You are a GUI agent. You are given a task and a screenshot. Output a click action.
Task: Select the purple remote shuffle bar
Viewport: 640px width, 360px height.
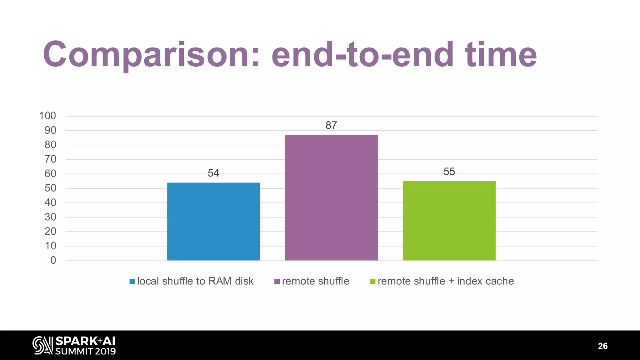click(331, 197)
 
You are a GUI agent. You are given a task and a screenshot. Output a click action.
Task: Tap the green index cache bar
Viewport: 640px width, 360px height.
click(449, 221)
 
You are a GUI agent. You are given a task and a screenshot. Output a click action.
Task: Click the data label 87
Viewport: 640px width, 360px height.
click(331, 125)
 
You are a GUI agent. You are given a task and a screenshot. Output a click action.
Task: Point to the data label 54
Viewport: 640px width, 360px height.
click(213, 173)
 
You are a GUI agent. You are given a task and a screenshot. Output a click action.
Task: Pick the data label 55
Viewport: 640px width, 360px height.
click(449, 172)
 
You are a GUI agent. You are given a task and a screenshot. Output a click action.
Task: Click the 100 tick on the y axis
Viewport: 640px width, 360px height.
click(47, 116)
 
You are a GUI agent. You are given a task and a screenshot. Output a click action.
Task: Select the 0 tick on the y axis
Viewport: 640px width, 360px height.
click(53, 260)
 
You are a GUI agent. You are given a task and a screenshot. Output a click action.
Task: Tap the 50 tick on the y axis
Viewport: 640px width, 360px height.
click(50, 188)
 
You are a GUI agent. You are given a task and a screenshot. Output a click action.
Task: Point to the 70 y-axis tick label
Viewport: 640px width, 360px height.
click(50, 159)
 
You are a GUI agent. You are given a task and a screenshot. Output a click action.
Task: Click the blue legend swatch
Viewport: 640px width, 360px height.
click(132, 282)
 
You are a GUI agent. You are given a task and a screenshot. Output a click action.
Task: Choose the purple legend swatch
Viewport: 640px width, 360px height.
click(277, 282)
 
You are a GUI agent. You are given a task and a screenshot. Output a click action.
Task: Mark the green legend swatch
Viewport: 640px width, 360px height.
click(372, 282)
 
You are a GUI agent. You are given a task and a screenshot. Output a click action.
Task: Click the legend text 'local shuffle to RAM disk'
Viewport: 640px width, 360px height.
click(195, 281)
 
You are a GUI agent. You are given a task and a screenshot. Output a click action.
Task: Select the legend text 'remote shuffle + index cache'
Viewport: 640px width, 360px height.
click(446, 281)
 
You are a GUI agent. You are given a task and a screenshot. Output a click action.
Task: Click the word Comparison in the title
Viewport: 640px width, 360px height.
click(151, 55)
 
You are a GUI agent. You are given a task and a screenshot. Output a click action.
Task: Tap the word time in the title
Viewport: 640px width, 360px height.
click(501, 55)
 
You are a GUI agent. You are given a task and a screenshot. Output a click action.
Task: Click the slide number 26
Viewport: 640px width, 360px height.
click(602, 346)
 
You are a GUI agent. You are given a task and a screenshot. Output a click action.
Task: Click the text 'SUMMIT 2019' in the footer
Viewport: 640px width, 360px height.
click(86, 351)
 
